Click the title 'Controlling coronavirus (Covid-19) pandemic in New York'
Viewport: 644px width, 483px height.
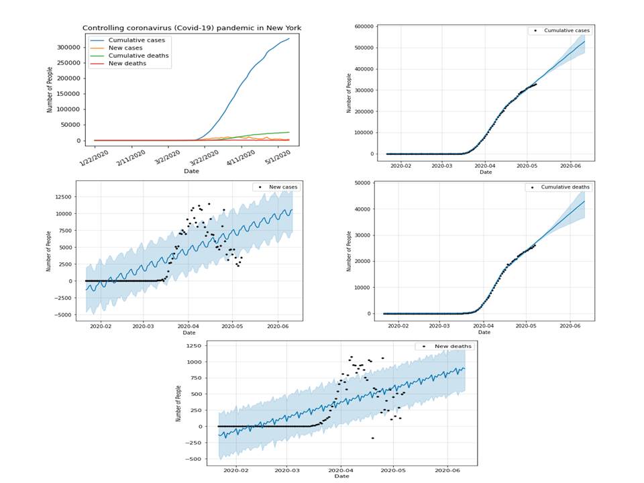click(x=191, y=28)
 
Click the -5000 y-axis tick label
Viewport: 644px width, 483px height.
click(x=62, y=315)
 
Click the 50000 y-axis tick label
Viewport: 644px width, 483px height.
click(x=362, y=182)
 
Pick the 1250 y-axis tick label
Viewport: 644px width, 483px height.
click(x=194, y=345)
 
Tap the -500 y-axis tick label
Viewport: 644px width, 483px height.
click(x=193, y=459)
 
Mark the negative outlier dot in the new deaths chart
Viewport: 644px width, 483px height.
click(x=373, y=438)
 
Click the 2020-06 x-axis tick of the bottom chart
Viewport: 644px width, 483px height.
click(x=447, y=470)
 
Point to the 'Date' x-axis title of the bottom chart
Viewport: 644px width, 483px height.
click(x=341, y=476)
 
